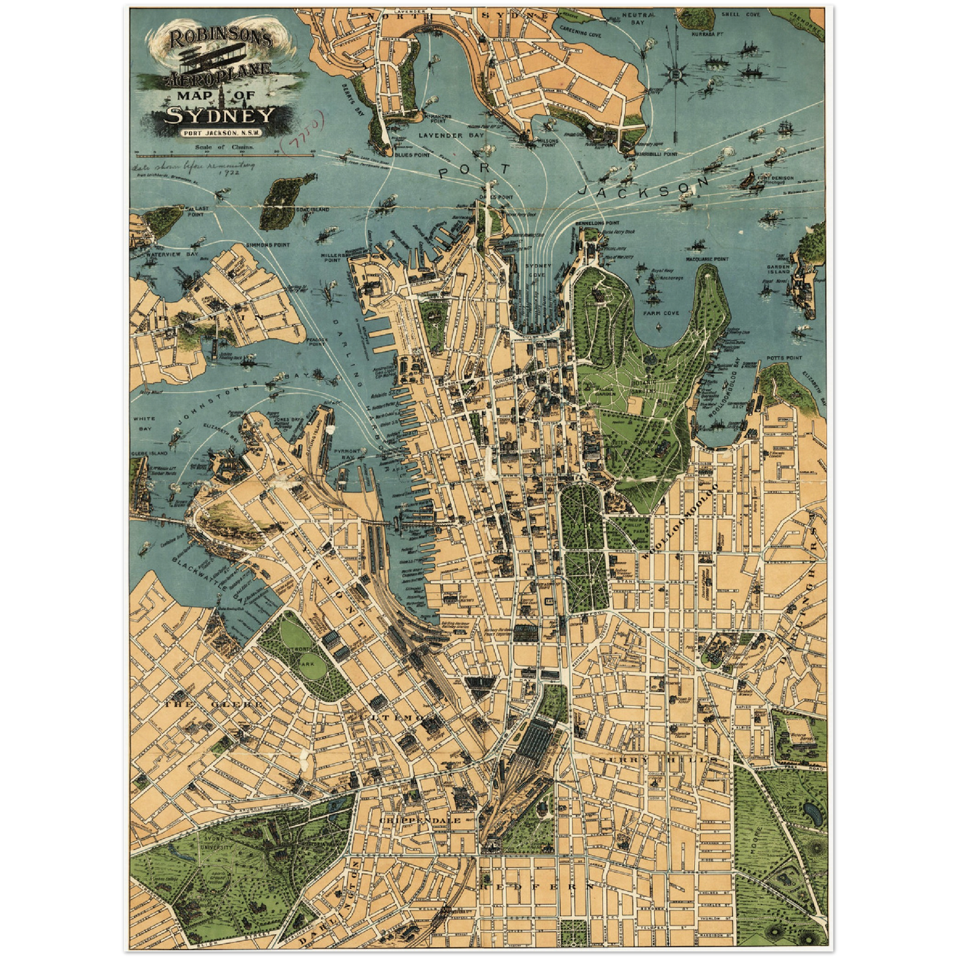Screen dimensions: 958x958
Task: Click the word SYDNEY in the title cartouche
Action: click(219, 115)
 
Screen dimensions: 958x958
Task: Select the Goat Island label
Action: click(312, 210)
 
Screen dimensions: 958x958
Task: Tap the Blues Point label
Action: click(412, 154)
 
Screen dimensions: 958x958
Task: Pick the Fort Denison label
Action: click(775, 178)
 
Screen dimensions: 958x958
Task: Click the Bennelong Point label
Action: click(597, 223)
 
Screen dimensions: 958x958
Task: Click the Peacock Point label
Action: click(317, 341)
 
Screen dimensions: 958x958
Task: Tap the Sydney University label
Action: click(217, 844)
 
